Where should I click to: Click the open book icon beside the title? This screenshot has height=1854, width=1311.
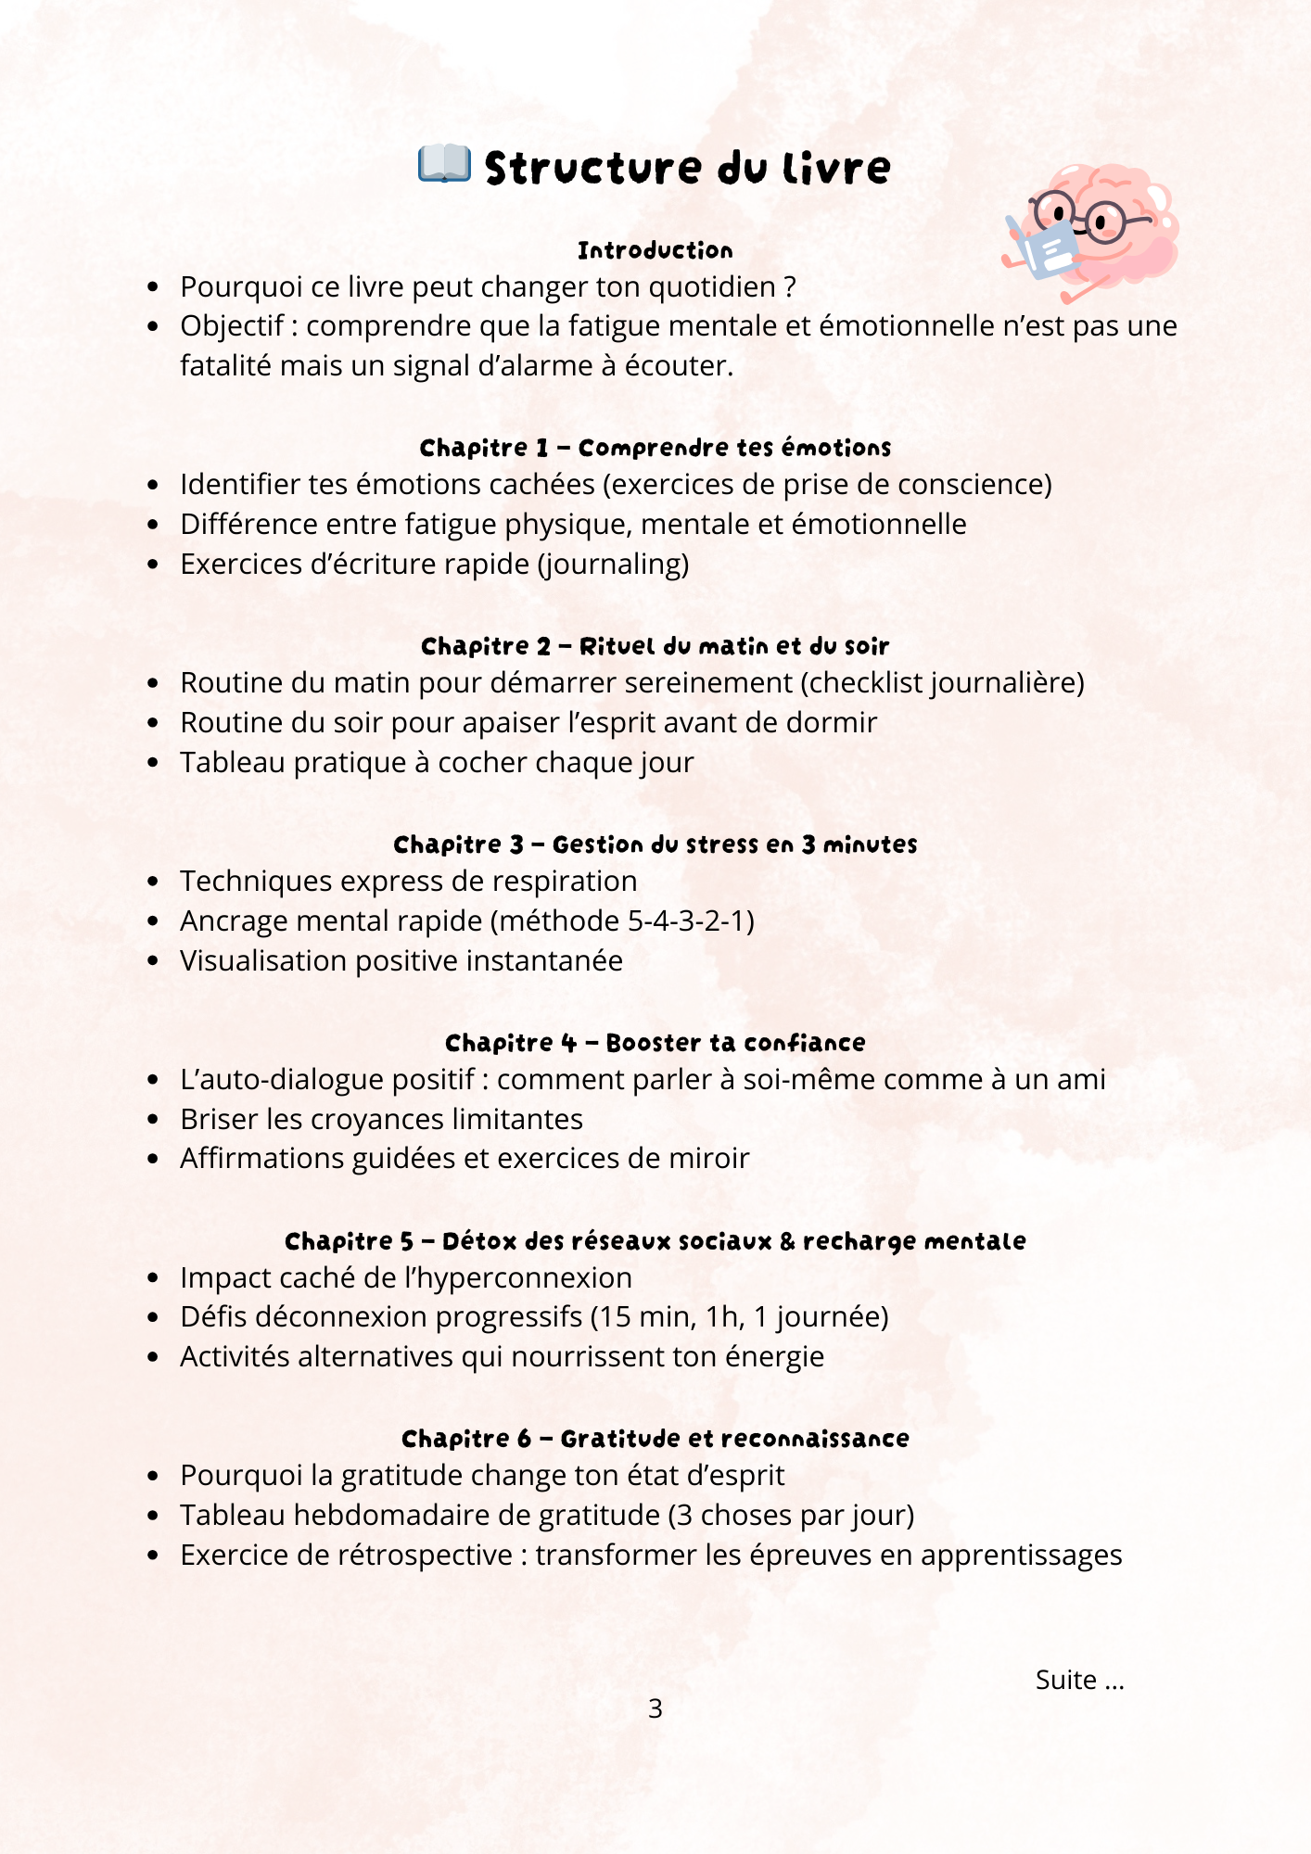click(444, 164)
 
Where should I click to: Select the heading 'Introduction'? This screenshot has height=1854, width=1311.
click(655, 250)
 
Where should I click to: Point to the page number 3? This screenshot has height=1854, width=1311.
click(655, 1708)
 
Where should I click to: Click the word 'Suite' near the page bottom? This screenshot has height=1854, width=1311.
click(1066, 1680)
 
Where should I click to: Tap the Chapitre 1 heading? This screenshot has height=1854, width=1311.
click(655, 448)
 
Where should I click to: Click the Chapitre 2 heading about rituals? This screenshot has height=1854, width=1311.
click(655, 646)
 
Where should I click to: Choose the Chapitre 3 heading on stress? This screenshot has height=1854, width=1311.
click(655, 844)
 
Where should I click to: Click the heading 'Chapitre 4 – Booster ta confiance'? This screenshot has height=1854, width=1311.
click(655, 1043)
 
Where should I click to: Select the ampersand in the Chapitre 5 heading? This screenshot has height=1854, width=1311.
click(787, 1241)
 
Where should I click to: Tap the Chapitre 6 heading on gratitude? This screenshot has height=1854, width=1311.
click(655, 1439)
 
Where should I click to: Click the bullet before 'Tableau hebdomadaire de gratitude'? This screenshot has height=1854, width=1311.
click(154, 1516)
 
